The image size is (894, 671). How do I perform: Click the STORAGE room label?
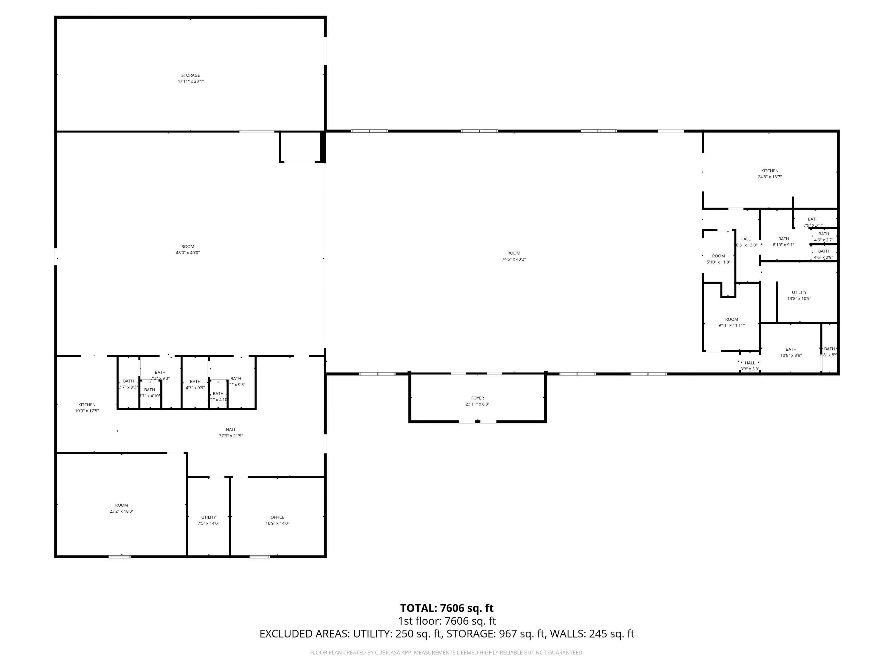(190, 75)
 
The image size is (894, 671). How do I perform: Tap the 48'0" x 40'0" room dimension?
(188, 253)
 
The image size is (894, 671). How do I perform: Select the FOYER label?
(477, 398)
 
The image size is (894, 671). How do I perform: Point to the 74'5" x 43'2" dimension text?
(514, 259)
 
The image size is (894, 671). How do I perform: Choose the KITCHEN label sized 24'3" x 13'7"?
(769, 171)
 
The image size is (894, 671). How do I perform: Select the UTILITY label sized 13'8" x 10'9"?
(799, 293)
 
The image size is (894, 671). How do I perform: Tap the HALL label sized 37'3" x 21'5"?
(231, 429)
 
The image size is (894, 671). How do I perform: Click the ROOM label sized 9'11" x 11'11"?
(732, 319)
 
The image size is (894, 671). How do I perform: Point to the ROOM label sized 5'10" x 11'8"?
(718, 256)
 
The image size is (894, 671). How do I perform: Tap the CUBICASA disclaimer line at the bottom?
(447, 653)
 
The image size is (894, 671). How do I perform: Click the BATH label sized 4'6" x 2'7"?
(824, 234)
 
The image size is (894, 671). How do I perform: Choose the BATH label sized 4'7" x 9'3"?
(195, 381)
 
